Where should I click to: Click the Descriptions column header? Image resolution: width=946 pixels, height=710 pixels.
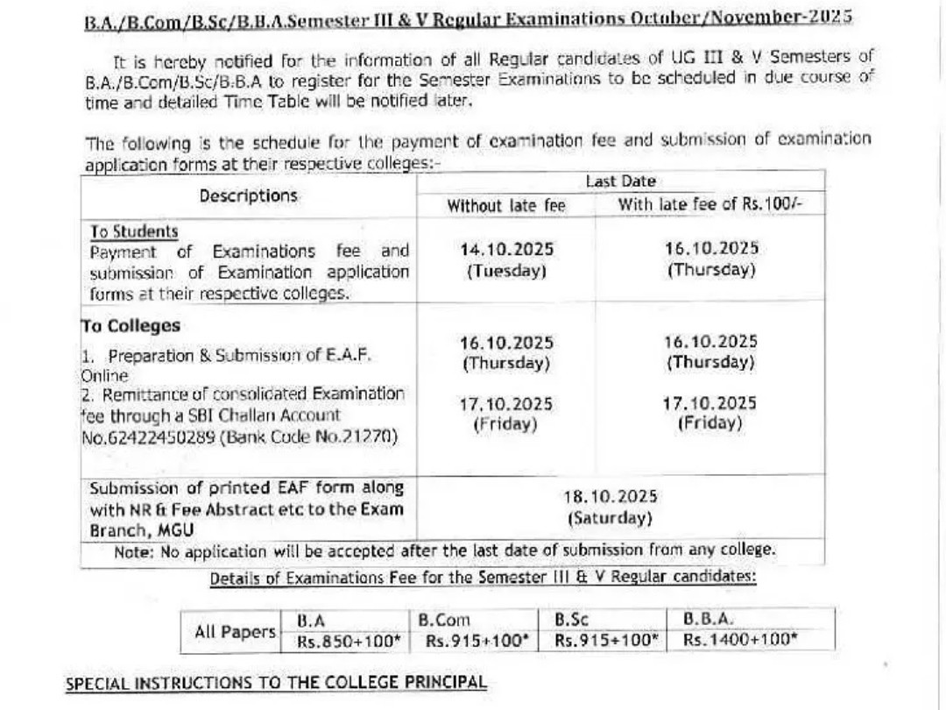click(248, 195)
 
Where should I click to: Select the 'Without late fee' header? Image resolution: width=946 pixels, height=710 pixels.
click(506, 206)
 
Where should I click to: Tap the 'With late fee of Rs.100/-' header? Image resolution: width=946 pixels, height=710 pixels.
click(709, 205)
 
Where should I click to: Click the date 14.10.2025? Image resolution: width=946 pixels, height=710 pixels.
click(506, 250)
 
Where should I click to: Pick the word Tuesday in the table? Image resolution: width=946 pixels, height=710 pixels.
click(506, 271)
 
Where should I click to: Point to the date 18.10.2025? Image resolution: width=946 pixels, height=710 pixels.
click(611, 497)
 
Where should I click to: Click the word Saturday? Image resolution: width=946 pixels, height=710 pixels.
click(611, 518)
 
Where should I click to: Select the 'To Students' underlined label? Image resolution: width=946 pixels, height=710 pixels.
click(134, 231)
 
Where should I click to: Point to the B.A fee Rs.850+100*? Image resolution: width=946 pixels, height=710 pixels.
click(348, 641)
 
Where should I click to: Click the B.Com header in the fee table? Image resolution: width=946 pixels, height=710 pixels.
click(444, 621)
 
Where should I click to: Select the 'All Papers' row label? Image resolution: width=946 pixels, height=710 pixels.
click(234, 631)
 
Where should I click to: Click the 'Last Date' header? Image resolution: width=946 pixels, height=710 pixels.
click(620, 181)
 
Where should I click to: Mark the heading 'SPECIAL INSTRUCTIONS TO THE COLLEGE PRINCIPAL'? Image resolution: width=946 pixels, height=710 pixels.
click(276, 683)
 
